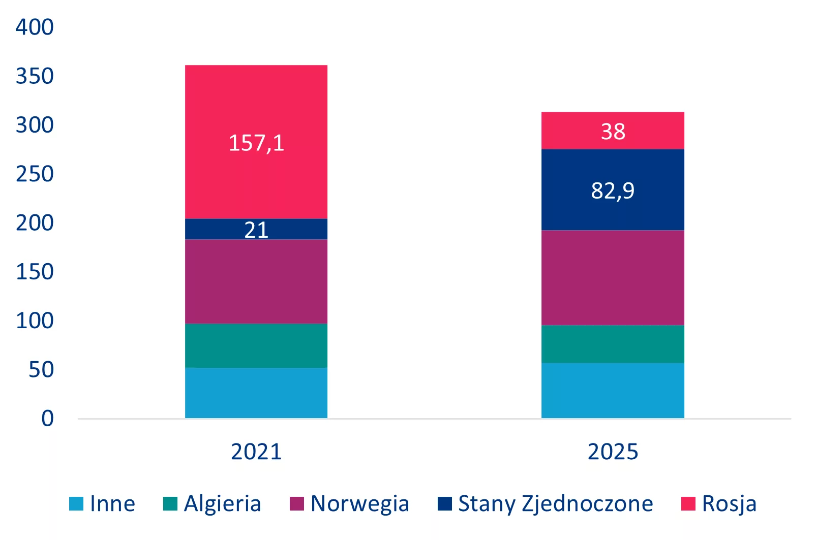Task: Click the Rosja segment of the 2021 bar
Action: pyautogui.click(x=256, y=142)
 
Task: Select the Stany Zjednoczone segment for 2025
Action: pyautogui.click(x=613, y=190)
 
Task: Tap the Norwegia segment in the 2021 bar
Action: pyautogui.click(x=256, y=281)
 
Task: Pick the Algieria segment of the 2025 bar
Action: pyautogui.click(x=613, y=344)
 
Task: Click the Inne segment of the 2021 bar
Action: pyautogui.click(x=256, y=393)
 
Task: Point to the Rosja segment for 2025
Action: pyautogui.click(x=613, y=131)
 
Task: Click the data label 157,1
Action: pyautogui.click(x=256, y=143)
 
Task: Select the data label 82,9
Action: pyautogui.click(x=613, y=190)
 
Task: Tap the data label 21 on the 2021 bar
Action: pyautogui.click(x=256, y=230)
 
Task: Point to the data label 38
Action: pyautogui.click(x=613, y=132)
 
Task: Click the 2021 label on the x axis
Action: pyautogui.click(x=256, y=452)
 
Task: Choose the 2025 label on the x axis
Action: pyautogui.click(x=613, y=452)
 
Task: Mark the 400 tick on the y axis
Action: pyautogui.click(x=35, y=27)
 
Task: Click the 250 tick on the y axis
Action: pyautogui.click(x=35, y=174)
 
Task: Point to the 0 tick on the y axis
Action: pyautogui.click(x=47, y=418)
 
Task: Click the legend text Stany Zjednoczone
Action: pyautogui.click(x=556, y=504)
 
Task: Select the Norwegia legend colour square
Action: pyautogui.click(x=296, y=503)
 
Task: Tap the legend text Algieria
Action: pyautogui.click(x=223, y=504)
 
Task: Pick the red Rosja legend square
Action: pyautogui.click(x=688, y=503)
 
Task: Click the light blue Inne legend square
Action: pyautogui.click(x=76, y=503)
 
